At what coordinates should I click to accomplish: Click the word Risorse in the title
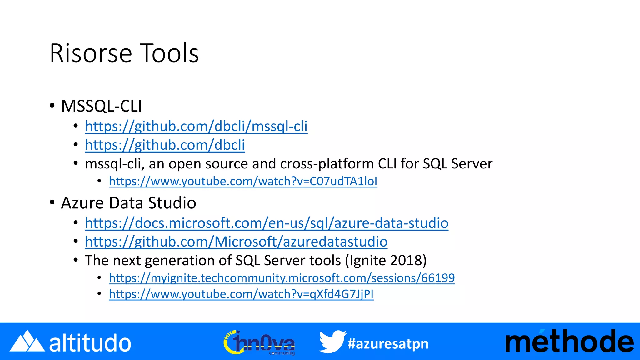(x=91, y=53)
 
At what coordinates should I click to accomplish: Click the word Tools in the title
(x=169, y=53)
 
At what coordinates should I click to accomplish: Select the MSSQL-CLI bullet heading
(x=102, y=106)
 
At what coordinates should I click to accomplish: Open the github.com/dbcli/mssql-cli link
(x=196, y=127)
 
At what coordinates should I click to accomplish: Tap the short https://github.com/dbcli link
(x=165, y=145)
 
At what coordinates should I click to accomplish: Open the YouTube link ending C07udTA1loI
(x=243, y=182)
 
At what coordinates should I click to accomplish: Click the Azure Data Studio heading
(x=128, y=203)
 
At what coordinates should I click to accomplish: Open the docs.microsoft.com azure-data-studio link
(x=267, y=223)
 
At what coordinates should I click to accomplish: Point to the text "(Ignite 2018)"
(x=386, y=261)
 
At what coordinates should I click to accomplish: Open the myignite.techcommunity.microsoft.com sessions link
(x=282, y=278)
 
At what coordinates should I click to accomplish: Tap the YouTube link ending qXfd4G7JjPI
(x=241, y=294)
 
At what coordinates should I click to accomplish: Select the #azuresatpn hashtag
(x=388, y=344)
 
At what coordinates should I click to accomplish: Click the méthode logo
(x=569, y=342)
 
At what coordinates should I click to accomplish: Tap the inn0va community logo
(x=259, y=342)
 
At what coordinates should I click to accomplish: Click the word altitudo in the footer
(x=90, y=343)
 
